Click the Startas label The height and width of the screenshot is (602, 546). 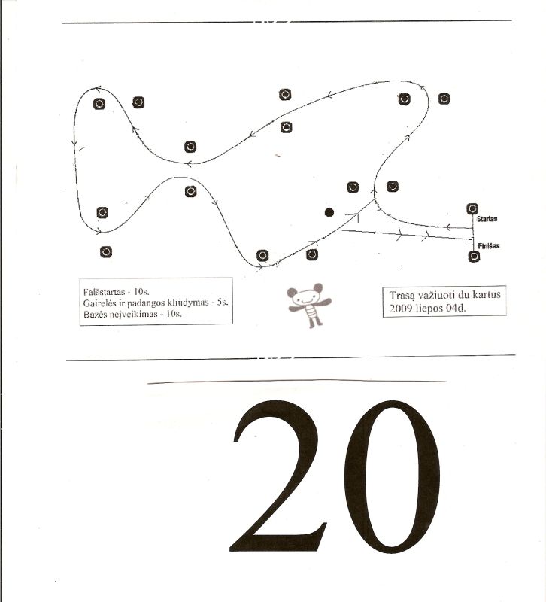487,219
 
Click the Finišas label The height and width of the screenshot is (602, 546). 488,246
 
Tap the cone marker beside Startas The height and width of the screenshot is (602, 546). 472,209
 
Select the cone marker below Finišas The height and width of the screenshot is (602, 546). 474,256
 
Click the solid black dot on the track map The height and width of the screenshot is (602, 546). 329,212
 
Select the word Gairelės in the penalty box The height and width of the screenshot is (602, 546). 98,303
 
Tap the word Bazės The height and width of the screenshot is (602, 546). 93,314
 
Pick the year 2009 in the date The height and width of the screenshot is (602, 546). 399,309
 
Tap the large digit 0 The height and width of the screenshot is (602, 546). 392,476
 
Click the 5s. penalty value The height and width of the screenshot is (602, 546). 223,303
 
